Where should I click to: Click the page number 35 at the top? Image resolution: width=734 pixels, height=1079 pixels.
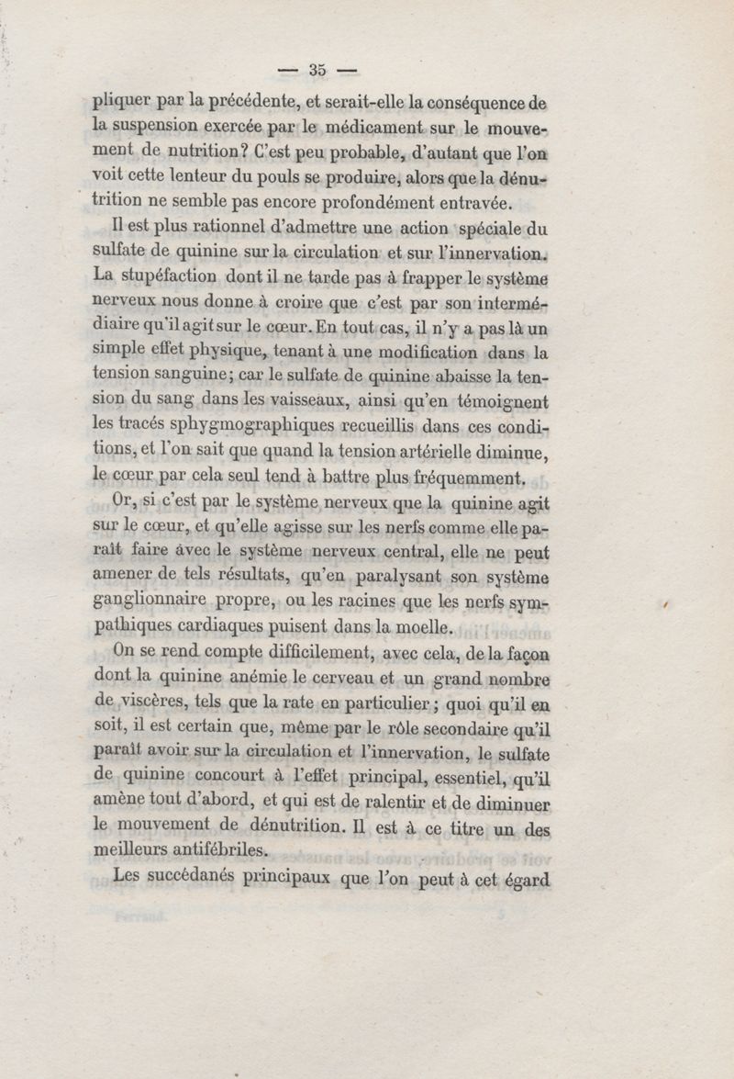(x=319, y=70)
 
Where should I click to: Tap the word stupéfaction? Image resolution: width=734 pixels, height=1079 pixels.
(x=167, y=275)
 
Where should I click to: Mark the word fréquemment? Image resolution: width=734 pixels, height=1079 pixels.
(x=469, y=477)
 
